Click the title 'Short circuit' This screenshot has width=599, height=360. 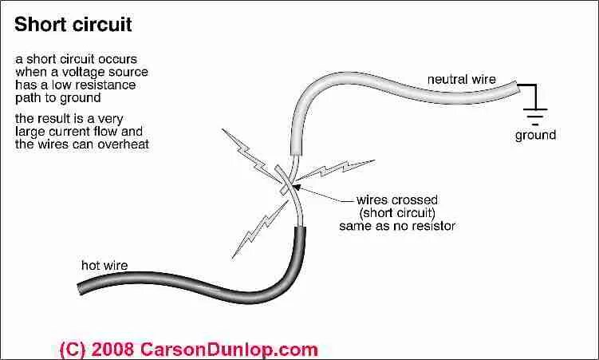pyautogui.click(x=73, y=25)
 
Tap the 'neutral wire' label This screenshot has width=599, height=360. pyautogui.click(x=462, y=79)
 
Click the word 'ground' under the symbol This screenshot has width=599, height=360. pyautogui.click(x=535, y=135)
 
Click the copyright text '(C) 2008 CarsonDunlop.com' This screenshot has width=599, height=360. pyautogui.click(x=188, y=349)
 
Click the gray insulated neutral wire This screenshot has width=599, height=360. pyautogui.click(x=383, y=85)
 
